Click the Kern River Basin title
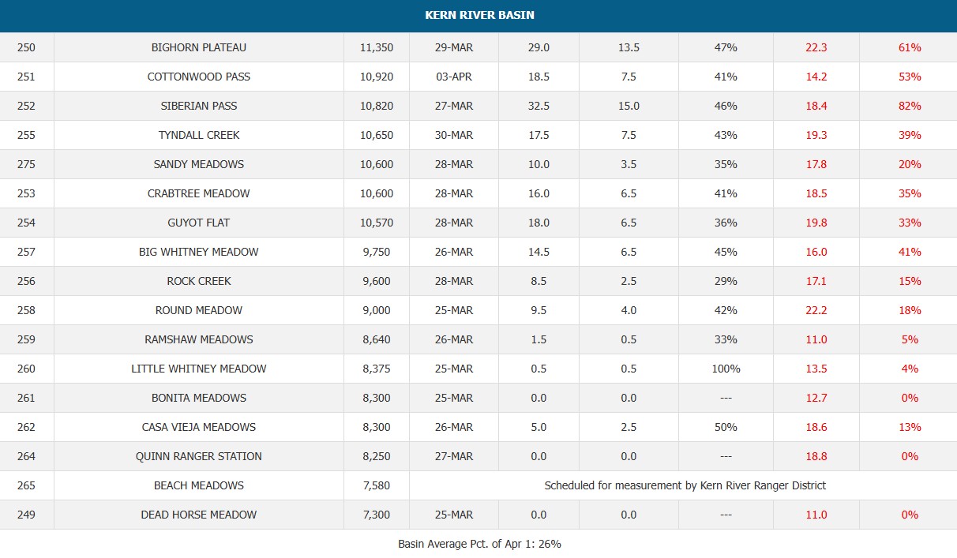click(479, 15)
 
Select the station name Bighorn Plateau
click(199, 47)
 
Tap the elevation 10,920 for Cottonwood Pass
click(377, 77)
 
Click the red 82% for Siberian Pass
click(910, 106)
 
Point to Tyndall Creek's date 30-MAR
click(454, 135)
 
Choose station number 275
click(26, 164)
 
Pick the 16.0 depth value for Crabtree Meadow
click(539, 193)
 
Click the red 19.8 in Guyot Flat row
click(816, 223)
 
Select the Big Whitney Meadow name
click(199, 252)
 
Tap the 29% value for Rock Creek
click(726, 281)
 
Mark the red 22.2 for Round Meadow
click(816, 310)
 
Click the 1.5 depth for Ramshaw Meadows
click(539, 339)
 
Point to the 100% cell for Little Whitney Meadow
click(726, 369)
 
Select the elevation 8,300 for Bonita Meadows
click(377, 398)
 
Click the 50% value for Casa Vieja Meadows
click(726, 427)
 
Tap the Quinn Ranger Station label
click(199, 456)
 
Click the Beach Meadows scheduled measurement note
click(685, 485)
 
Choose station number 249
click(26, 515)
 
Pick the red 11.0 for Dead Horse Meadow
click(816, 515)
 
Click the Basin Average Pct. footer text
click(479, 544)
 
